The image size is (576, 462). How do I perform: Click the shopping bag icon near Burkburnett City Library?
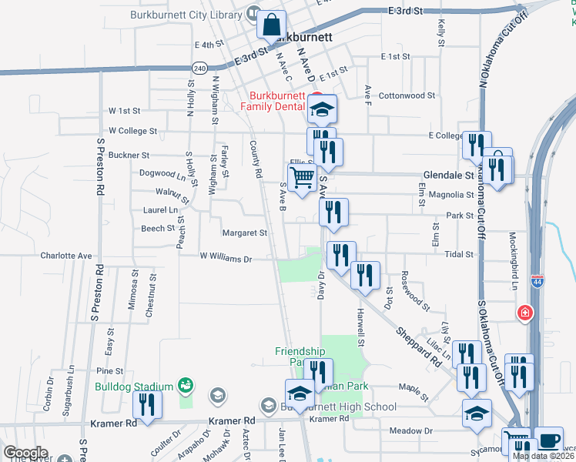[x=272, y=25]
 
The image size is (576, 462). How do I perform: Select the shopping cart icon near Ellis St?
[x=302, y=177]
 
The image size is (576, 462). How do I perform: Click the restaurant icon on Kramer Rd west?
[x=146, y=405]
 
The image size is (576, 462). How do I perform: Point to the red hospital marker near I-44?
[x=525, y=313]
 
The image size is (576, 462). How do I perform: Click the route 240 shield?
[x=200, y=69]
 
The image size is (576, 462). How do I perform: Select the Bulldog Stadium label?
[x=134, y=387]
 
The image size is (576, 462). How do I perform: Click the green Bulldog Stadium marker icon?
[x=185, y=384]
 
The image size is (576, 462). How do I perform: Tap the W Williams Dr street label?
[x=226, y=259]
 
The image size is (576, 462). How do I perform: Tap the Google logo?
[x=25, y=453]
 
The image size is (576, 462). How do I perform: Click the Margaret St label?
[x=244, y=233]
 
